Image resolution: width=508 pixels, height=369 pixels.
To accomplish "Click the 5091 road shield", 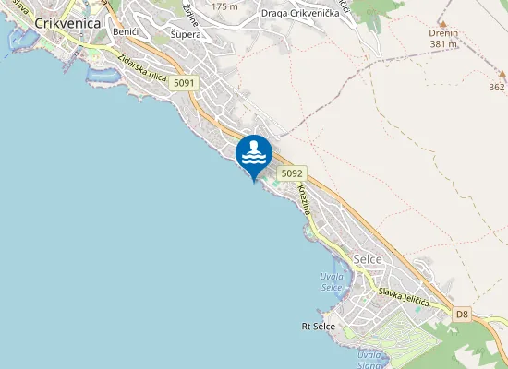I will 185,83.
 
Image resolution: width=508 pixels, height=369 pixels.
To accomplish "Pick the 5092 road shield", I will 291,173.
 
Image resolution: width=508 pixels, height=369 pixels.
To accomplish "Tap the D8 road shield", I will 463,315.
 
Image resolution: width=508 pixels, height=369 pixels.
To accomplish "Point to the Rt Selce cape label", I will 318,327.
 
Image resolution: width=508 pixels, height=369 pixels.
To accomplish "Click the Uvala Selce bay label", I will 332,282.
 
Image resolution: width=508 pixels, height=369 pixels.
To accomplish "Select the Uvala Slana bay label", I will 370,360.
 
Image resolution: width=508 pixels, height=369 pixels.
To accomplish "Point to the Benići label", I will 125,32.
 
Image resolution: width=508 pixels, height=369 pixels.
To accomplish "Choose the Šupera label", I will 186,34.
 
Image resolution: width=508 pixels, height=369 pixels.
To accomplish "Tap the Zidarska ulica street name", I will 142,68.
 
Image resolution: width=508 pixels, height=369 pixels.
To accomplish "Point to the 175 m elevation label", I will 224,6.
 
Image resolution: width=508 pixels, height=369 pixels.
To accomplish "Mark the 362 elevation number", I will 496,88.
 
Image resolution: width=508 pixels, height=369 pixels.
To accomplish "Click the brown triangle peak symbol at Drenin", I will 443,22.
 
